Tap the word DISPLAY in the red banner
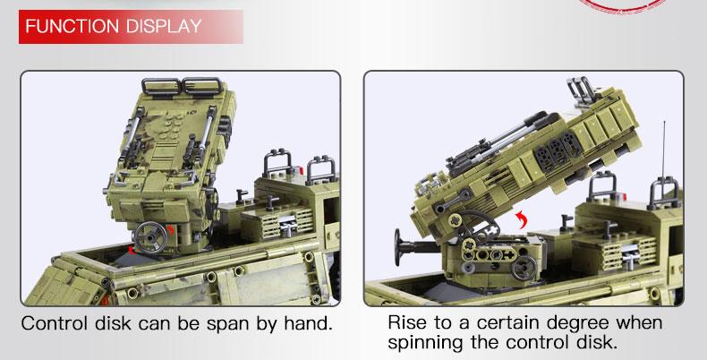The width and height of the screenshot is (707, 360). pyautogui.click(x=164, y=26)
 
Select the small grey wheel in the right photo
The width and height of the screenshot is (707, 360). pyautogui.click(x=524, y=267)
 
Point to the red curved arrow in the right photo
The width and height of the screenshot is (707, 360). pyautogui.click(x=522, y=219)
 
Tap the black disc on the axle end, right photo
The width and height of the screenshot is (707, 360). pyautogui.click(x=398, y=247)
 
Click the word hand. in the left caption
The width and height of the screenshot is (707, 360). pyautogui.click(x=309, y=324)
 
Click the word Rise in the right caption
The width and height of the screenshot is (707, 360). pyautogui.click(x=408, y=323)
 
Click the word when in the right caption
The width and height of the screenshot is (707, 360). pyautogui.click(x=639, y=323)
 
